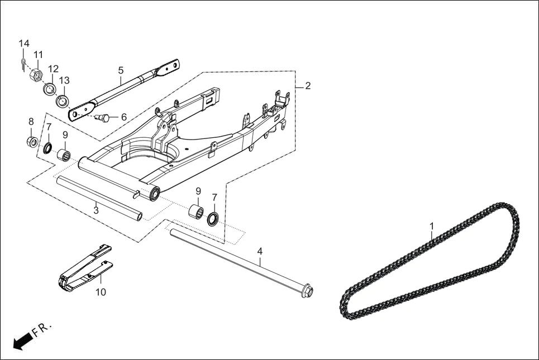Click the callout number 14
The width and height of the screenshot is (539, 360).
(x=23, y=44)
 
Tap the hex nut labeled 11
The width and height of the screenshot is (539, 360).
(x=35, y=75)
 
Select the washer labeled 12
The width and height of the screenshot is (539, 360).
(x=50, y=89)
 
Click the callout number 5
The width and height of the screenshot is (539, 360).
(x=121, y=70)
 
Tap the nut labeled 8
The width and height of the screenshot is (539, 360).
(x=32, y=142)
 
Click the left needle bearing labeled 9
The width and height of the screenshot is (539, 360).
(x=64, y=155)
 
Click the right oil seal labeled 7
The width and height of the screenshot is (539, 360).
(x=213, y=219)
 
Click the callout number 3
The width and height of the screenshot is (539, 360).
(x=96, y=210)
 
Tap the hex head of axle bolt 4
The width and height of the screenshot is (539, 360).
(x=307, y=291)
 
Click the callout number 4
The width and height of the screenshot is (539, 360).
(x=260, y=251)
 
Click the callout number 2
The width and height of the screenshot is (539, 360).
(x=308, y=86)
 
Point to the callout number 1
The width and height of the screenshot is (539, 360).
(x=432, y=226)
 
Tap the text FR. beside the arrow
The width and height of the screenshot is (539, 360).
(x=42, y=328)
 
